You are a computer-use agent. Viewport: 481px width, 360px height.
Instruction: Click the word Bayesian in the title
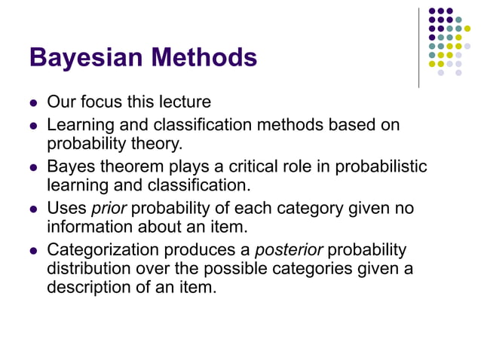(x=84, y=57)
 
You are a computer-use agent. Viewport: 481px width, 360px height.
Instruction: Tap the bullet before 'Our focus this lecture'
(x=33, y=102)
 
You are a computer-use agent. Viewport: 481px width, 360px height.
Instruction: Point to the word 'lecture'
(x=185, y=101)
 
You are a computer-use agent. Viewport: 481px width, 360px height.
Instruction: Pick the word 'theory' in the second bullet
(x=158, y=142)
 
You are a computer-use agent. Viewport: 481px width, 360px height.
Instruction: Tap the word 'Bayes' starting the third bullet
(x=69, y=166)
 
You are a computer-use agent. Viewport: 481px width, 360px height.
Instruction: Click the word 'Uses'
(x=66, y=208)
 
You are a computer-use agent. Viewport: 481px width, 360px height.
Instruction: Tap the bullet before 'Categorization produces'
(x=33, y=250)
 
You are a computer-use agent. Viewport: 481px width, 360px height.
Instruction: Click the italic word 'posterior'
(x=291, y=249)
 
